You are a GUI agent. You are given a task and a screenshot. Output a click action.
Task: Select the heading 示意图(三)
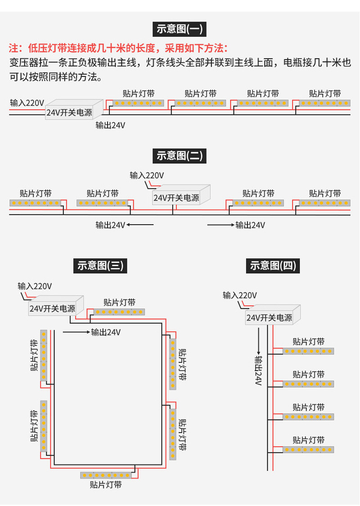pos(100,266)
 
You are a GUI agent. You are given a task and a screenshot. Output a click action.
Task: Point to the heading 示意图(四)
pos(273,266)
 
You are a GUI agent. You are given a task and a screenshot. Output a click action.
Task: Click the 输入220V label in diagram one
pos(27,102)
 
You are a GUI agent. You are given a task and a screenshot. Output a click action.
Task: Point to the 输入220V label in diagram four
pos(239,295)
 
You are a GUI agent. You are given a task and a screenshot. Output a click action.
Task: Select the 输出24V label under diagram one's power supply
pos(110,125)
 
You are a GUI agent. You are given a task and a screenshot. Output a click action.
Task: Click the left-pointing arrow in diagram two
pos(140,224)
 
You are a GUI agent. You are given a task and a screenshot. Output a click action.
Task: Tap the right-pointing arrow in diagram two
pos(220,224)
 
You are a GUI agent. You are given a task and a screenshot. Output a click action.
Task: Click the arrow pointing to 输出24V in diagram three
pos(76,332)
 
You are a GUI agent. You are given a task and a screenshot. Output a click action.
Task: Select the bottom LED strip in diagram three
pos(106,475)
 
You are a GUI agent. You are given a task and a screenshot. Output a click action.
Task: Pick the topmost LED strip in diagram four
pos(308,351)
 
